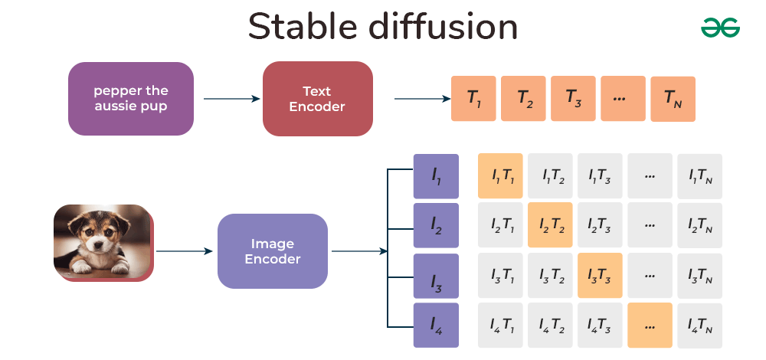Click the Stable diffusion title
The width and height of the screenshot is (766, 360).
(x=383, y=28)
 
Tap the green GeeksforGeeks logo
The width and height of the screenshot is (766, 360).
(x=720, y=28)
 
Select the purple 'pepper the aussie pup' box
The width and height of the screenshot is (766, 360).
(x=131, y=99)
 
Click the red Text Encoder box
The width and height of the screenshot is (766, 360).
(x=317, y=99)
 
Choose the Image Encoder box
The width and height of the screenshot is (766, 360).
(x=273, y=251)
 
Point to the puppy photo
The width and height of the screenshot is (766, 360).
(x=103, y=242)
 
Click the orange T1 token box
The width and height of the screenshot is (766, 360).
(x=473, y=99)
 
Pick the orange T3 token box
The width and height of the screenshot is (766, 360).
(x=573, y=99)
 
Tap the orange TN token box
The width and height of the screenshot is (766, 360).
(x=673, y=99)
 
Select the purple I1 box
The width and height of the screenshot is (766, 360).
(x=436, y=177)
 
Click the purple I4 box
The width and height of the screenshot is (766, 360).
(x=436, y=326)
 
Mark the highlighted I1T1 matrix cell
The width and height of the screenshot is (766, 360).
(x=500, y=176)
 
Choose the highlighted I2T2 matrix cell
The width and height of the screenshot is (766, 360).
(x=550, y=225)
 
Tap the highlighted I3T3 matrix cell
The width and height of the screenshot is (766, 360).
(x=600, y=276)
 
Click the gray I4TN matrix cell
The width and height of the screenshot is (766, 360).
(x=699, y=326)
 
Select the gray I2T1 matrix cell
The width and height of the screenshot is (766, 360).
(x=500, y=225)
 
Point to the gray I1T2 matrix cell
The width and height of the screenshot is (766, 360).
(x=550, y=176)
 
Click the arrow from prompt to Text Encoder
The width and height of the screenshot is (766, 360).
(x=231, y=99)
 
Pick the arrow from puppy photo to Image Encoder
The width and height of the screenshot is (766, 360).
(x=184, y=251)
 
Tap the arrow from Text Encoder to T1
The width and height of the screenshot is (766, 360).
(x=421, y=99)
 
